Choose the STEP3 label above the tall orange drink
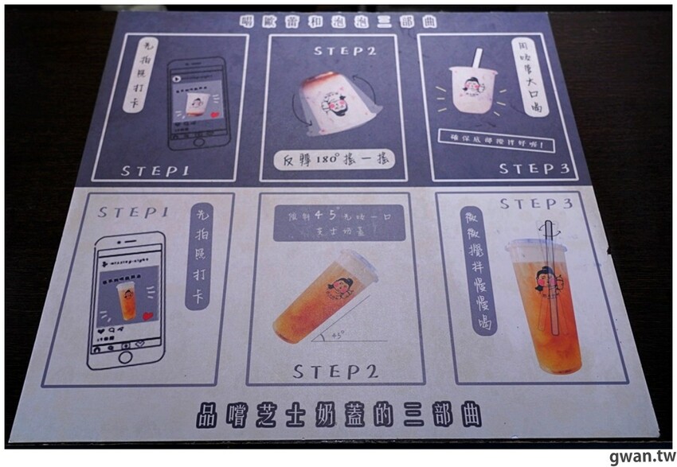[x=535, y=204]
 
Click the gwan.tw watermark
[x=638, y=456]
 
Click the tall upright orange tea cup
[x=546, y=302]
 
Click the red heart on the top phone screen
[x=215, y=115]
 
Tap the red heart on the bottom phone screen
[x=148, y=316]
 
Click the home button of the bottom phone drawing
[x=126, y=358]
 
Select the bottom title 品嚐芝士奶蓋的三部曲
[x=338, y=414]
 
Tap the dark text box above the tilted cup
[x=332, y=223]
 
